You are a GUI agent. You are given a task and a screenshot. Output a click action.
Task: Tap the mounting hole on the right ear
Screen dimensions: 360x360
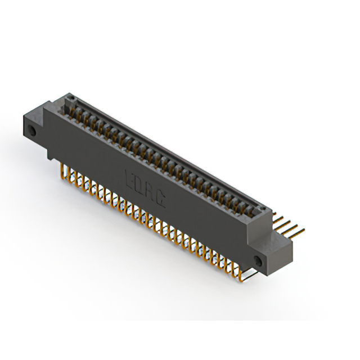point(258,260)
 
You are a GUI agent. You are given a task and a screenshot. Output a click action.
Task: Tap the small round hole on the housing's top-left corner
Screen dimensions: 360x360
point(70,99)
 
